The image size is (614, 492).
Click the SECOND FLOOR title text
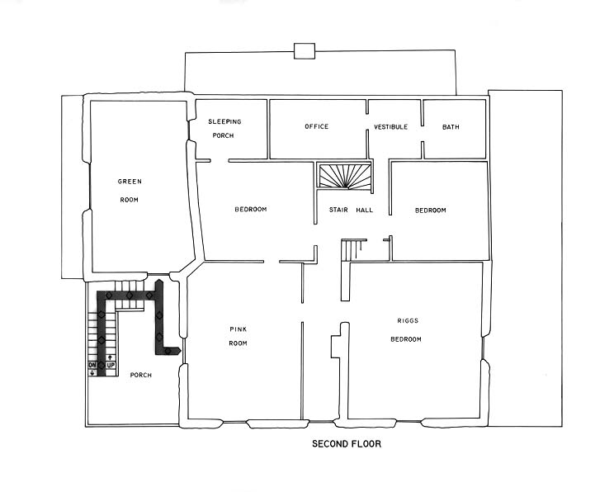point(346,444)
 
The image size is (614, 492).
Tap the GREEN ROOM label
point(130,190)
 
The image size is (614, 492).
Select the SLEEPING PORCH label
point(224,128)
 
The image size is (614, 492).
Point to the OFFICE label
point(316,127)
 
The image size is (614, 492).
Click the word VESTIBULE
point(390,127)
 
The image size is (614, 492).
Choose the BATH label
point(451,127)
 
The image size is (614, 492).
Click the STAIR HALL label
point(351,211)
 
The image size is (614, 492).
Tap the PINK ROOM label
point(239,336)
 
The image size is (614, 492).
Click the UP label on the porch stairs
point(110,364)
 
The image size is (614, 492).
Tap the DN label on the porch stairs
point(92,364)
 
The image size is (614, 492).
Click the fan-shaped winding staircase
point(346,177)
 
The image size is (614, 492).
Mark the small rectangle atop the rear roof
point(305,51)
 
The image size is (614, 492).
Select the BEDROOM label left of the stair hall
point(250,210)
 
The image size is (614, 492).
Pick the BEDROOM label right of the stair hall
point(430,211)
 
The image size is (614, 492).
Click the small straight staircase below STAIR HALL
point(354,249)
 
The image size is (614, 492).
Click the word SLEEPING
point(224,122)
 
